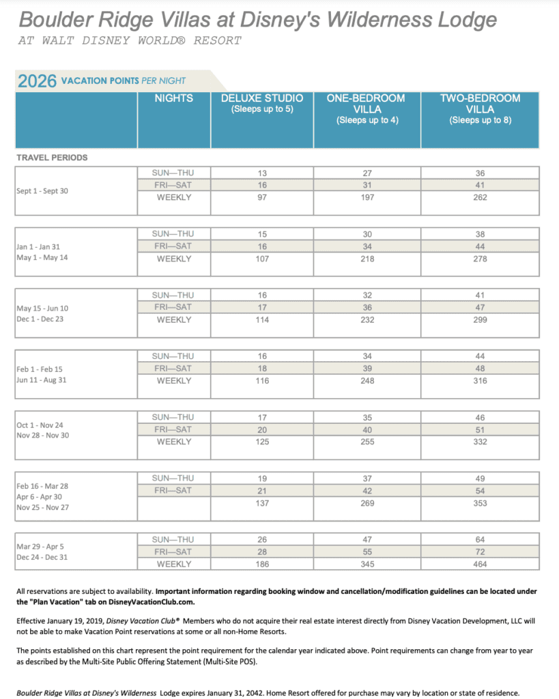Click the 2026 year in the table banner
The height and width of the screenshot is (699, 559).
point(38,81)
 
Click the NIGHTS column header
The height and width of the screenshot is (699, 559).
point(174,98)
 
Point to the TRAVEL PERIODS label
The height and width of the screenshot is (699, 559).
point(52,158)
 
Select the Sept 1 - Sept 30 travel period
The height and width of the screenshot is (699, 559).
point(42,191)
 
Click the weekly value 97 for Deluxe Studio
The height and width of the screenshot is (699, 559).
point(262,198)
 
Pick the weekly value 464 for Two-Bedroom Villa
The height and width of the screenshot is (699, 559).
point(480,564)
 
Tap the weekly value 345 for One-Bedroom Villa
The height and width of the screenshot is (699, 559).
point(367,564)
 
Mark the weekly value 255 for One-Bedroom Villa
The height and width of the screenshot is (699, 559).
point(367,442)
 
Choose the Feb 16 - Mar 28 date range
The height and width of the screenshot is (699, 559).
point(42,486)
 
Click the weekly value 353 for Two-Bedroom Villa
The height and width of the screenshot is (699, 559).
point(480,503)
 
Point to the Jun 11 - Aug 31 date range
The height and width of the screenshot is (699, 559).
point(42,380)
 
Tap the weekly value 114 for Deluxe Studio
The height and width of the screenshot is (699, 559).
point(262,319)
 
